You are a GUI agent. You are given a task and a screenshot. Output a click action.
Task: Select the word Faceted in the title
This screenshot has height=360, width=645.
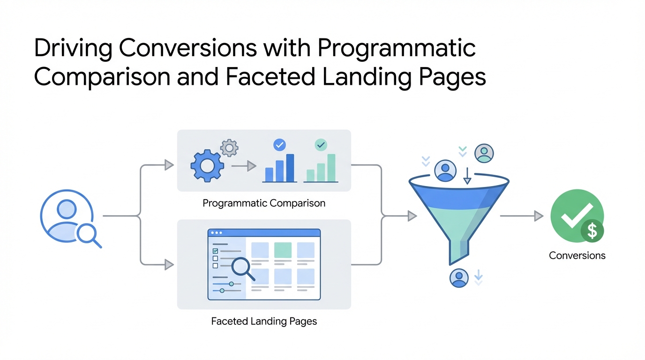(x=263, y=77)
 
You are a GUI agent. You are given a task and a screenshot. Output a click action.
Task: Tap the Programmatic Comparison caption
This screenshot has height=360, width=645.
(x=264, y=203)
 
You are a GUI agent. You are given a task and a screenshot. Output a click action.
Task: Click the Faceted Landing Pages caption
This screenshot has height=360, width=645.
(x=264, y=322)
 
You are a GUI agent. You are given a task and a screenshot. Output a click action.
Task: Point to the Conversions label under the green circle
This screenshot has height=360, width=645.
(x=577, y=255)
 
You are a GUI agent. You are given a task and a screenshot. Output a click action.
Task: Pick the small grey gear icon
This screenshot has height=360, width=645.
(x=229, y=148)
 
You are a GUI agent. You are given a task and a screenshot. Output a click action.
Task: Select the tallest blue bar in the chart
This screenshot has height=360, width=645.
(x=290, y=168)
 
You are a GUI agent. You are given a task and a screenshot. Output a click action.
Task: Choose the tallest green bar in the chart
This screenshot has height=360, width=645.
(x=331, y=168)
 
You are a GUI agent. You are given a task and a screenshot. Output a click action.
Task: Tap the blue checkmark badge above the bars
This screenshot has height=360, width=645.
(x=279, y=145)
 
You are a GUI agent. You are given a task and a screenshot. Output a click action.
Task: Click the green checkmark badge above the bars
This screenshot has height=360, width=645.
(x=321, y=145)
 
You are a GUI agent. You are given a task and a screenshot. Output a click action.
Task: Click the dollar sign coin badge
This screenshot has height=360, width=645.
(x=592, y=231)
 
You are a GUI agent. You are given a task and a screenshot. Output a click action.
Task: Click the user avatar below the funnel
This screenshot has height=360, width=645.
(x=459, y=277)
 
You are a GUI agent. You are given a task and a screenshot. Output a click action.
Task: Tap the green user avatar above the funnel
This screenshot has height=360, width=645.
(x=484, y=153)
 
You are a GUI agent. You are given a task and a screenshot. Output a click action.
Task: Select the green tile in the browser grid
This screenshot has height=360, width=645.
(x=283, y=250)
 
